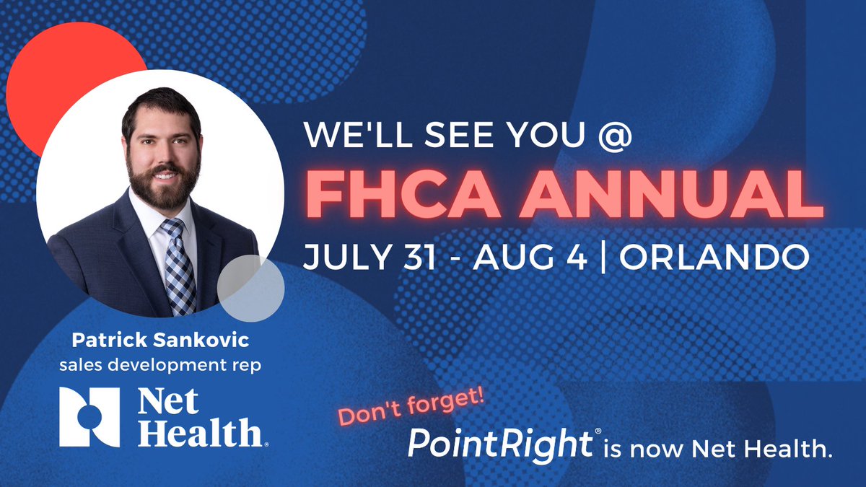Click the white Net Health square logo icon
point(89,416)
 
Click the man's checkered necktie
point(178,267)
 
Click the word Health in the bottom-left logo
point(199,433)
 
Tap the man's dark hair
point(160,105)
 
